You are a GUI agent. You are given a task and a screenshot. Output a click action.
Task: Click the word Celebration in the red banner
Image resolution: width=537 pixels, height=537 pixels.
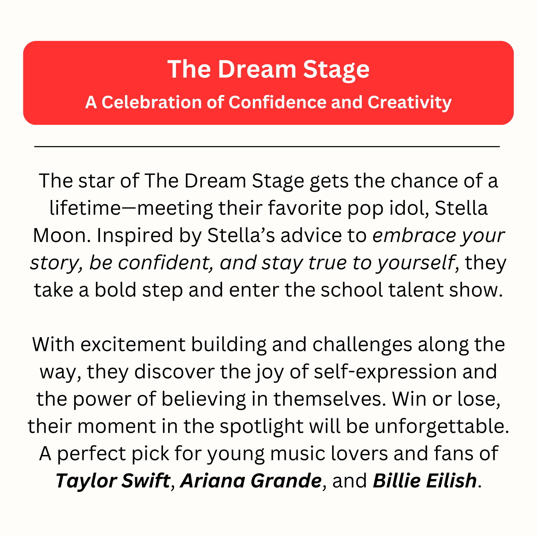click(x=152, y=102)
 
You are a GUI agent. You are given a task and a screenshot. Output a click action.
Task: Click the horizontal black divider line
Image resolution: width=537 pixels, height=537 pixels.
click(x=267, y=147)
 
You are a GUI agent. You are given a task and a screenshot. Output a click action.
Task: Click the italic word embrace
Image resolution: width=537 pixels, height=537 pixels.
click(x=414, y=235)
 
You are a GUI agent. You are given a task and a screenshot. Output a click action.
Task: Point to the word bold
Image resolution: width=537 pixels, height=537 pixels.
click(x=116, y=290)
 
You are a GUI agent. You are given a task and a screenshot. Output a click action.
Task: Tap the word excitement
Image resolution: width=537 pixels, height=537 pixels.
click(x=133, y=345)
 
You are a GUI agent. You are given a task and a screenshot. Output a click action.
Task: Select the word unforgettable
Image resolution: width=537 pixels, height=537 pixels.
click(x=442, y=426)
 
